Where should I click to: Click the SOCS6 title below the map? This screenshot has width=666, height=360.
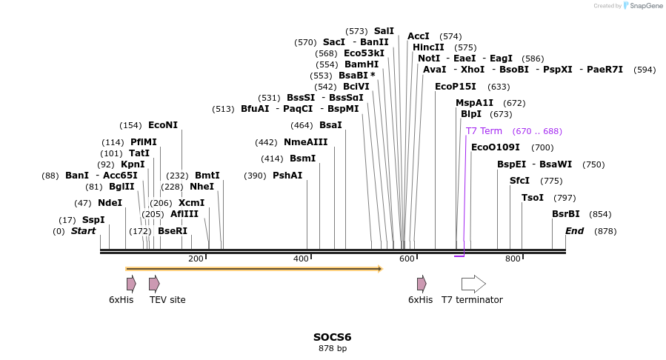(332, 337)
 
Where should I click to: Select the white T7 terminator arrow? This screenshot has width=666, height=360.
(473, 284)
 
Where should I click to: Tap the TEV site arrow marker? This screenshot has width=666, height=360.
(154, 284)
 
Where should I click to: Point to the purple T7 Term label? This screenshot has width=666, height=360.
(484, 131)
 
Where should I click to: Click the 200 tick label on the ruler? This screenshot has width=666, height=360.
(196, 259)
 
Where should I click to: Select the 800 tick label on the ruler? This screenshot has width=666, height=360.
(513, 259)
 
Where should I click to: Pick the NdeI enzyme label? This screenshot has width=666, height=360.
(110, 203)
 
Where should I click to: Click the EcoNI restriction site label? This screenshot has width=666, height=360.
(163, 125)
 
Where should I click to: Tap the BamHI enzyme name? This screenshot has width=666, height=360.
(362, 64)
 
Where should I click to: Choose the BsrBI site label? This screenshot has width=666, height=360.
(566, 214)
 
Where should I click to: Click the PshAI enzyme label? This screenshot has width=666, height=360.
(287, 176)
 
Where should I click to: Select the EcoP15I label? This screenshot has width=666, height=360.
(456, 87)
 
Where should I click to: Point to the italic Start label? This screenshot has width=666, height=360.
(83, 231)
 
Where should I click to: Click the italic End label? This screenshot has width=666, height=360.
(575, 231)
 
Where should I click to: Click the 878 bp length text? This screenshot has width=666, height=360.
(333, 348)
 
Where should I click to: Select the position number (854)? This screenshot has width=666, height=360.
(601, 214)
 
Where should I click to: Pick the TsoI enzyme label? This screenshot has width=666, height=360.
(533, 198)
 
